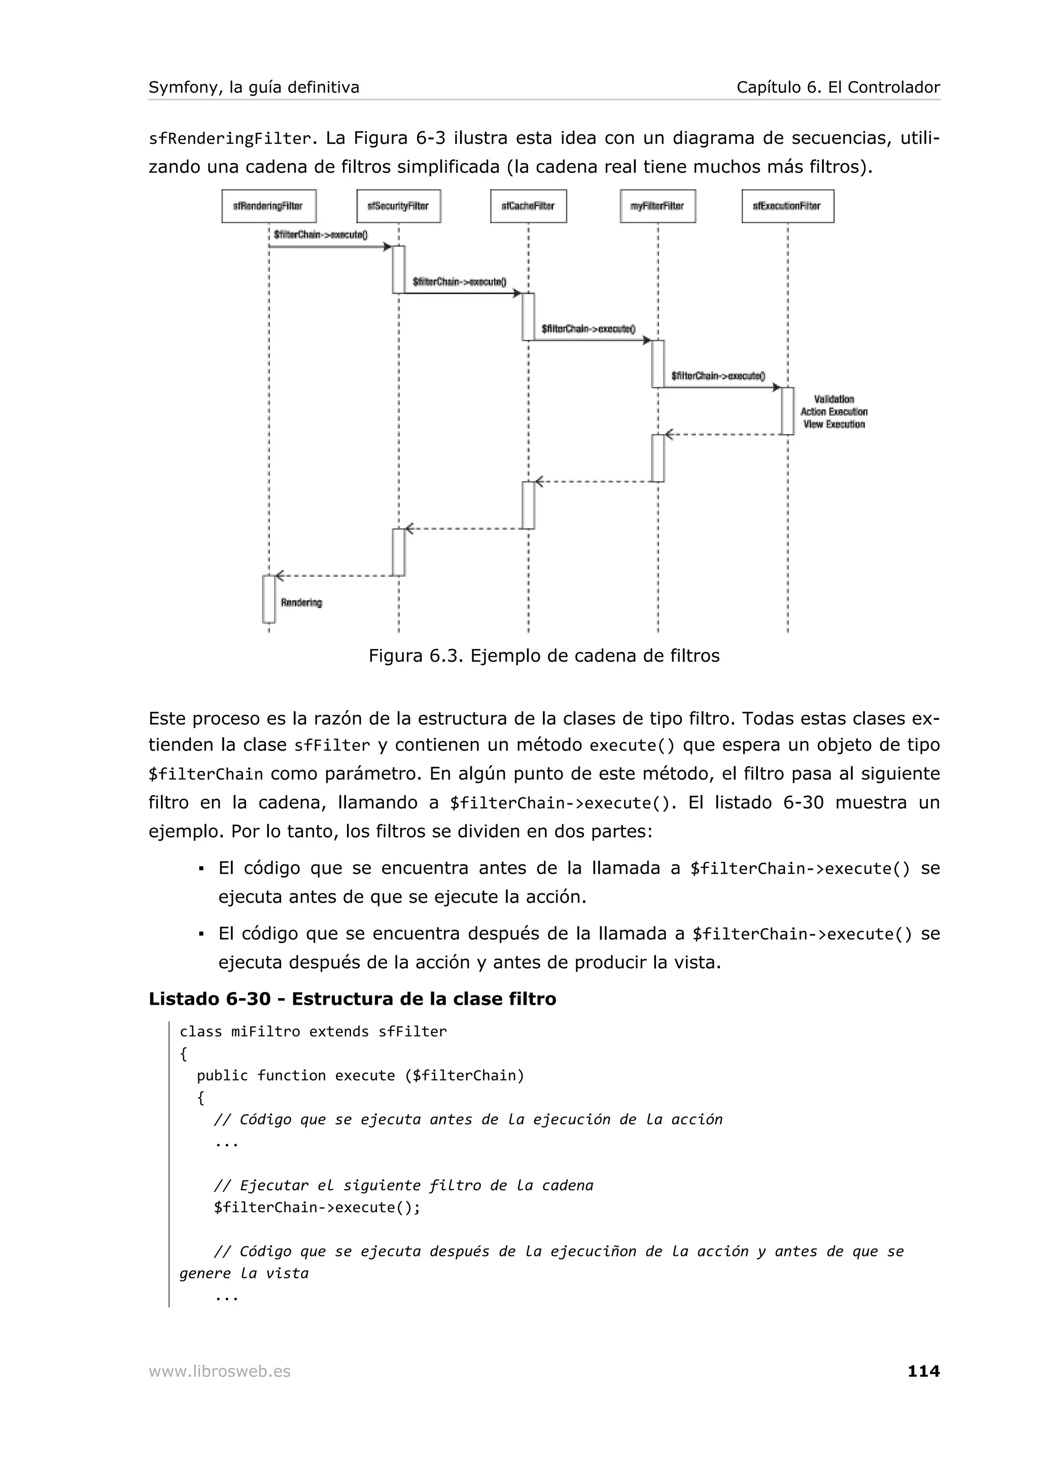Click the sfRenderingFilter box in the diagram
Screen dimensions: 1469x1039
pos(268,206)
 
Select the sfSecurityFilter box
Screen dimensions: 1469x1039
pos(398,206)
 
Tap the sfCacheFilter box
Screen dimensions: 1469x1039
pos(528,206)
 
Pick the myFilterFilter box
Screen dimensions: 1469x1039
pos(657,206)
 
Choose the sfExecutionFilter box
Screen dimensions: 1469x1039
pos(787,206)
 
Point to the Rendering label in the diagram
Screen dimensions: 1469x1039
pos(301,603)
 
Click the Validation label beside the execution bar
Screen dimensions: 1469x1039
pos(834,399)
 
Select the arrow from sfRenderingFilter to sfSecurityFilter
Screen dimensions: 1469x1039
pos(330,247)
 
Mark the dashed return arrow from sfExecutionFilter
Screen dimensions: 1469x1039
pos(723,435)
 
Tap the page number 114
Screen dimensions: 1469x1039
pos(923,1371)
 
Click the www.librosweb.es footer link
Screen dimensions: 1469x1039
pos(220,1371)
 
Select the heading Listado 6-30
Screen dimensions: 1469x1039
pos(352,999)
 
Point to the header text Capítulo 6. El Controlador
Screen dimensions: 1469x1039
pos(838,87)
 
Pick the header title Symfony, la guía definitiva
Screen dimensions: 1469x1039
pos(254,87)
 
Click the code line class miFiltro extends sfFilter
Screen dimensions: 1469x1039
pos(313,1032)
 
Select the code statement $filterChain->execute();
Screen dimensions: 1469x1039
pos(318,1207)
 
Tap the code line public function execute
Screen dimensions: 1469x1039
pos(360,1076)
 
